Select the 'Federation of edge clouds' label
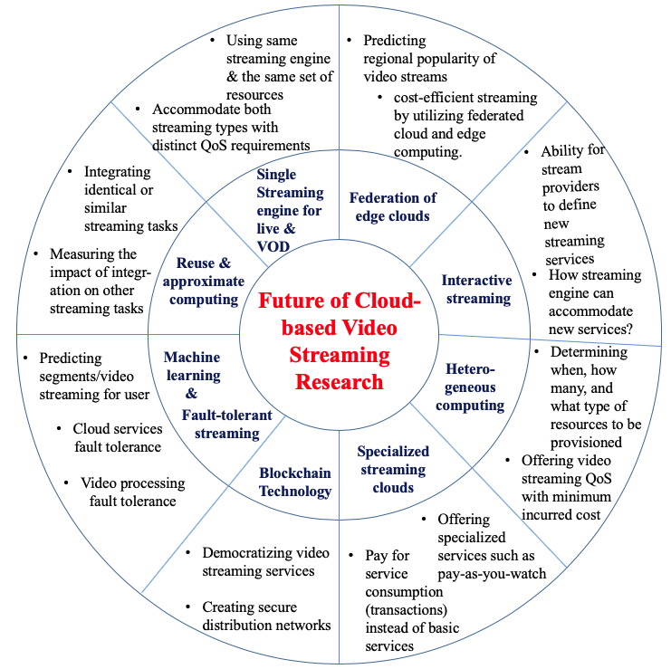pos(393,207)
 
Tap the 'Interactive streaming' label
pos(476,289)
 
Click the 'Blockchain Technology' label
pos(295,482)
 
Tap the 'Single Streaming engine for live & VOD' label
pos(289,210)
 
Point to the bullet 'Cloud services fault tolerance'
pos(117,437)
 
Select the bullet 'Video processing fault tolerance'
pos(132,492)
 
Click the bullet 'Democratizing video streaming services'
pos(258,561)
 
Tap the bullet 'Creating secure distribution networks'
pos(265,616)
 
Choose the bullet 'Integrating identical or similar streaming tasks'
pos(126,198)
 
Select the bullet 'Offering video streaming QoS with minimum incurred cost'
pos(566,487)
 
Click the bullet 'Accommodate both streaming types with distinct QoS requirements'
pos(230,127)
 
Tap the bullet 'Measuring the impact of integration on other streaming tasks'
pos(96,281)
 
